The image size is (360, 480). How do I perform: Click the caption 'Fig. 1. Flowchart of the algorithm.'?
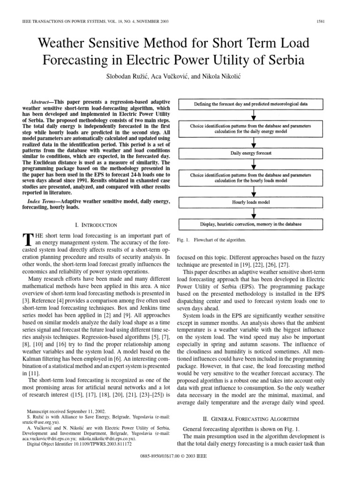[212, 240]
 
